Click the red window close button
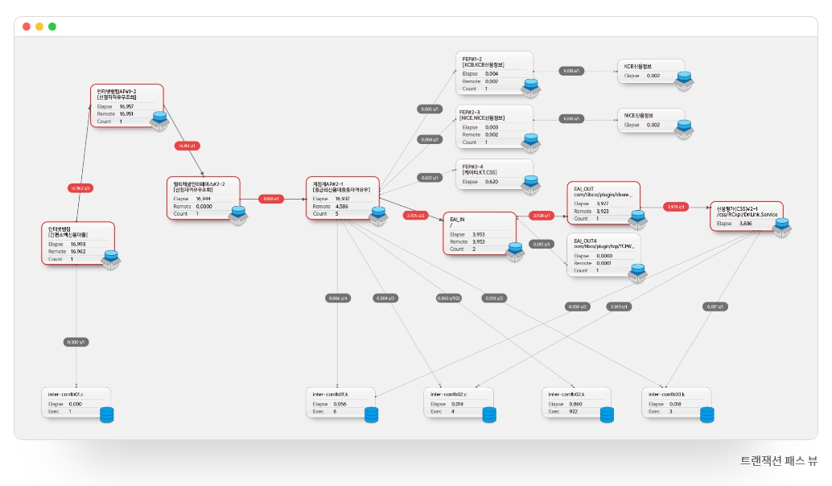pyautogui.click(x=27, y=27)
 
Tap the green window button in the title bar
pyautogui.click(x=52, y=27)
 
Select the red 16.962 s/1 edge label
pyautogui.click(x=80, y=187)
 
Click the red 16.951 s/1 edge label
pyautogui.click(x=187, y=146)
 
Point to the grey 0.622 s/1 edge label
pyautogui.click(x=430, y=177)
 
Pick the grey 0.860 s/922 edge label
pyautogui.click(x=448, y=298)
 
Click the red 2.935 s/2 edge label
pyautogui.click(x=416, y=215)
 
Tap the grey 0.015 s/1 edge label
pyautogui.click(x=542, y=244)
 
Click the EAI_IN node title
pyautogui.click(x=458, y=218)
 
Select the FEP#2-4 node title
pyautogui.click(x=472, y=166)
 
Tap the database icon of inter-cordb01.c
pyautogui.click(x=107, y=414)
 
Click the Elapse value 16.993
pyautogui.click(x=78, y=244)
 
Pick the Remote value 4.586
pyautogui.click(x=343, y=206)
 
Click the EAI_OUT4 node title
pyautogui.click(x=586, y=240)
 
